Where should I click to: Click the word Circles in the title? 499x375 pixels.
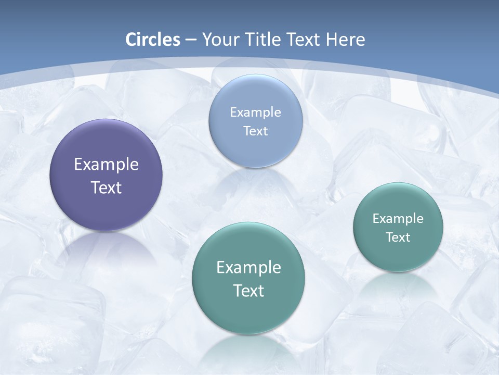tap(153, 40)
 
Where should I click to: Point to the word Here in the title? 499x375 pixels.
tap(345, 40)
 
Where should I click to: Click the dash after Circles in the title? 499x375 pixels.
tap(191, 40)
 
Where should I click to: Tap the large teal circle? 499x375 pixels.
tap(248, 312)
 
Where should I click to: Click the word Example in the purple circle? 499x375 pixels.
tap(106, 165)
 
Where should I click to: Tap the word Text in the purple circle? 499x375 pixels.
tap(106, 187)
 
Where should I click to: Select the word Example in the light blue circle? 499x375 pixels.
tap(256, 113)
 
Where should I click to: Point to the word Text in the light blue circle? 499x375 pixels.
tap(256, 131)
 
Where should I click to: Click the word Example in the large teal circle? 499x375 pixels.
tap(248, 268)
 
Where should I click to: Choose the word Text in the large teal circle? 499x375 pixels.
tap(248, 291)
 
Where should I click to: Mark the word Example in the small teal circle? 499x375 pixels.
tap(398, 219)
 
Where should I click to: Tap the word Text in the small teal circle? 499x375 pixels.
tap(398, 238)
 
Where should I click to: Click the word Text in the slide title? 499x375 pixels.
tap(305, 40)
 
